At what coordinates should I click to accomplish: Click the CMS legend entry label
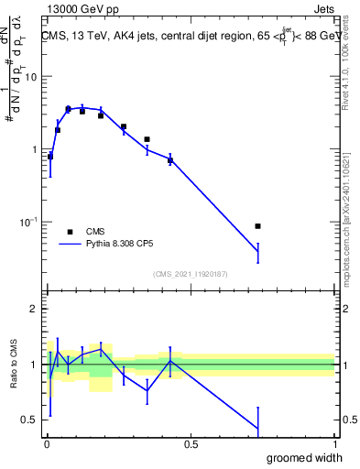96,232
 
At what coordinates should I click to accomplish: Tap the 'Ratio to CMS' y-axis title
13,365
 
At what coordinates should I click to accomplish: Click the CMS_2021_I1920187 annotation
191,274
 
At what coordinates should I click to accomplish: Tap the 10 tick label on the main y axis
32,77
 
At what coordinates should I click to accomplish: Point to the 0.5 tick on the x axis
191,444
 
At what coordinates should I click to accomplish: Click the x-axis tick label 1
334,444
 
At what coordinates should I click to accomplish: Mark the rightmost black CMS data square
258,226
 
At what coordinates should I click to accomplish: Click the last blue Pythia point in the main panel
258,252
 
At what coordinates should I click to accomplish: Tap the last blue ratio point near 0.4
258,429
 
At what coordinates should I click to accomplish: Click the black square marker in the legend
70,232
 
